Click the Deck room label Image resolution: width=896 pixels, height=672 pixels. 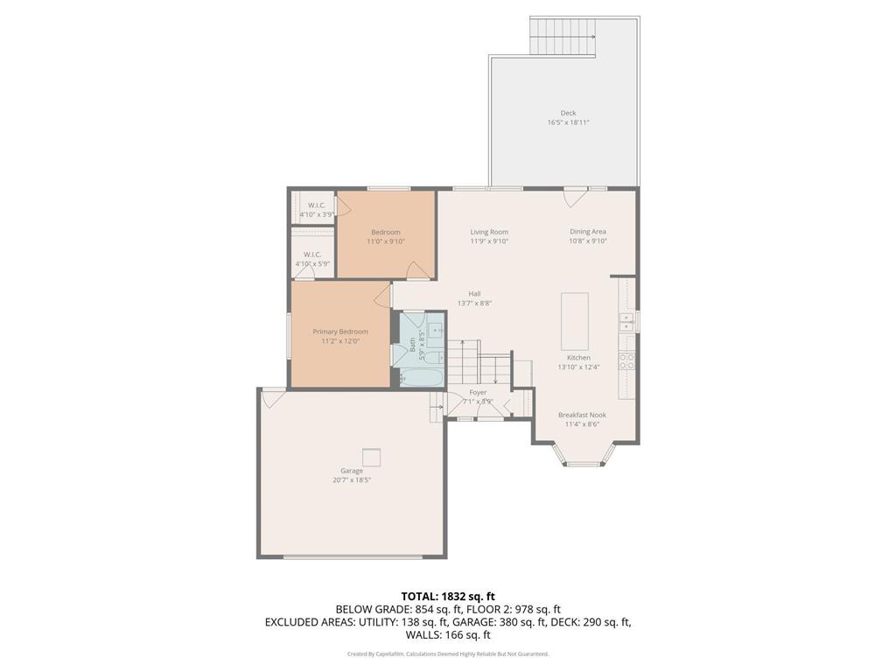click(x=568, y=113)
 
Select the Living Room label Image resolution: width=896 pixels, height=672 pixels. click(x=488, y=232)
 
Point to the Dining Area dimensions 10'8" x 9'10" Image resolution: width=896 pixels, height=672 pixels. click(x=587, y=241)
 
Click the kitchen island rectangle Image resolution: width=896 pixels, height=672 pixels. click(x=574, y=321)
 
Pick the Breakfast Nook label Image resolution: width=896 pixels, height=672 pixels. click(x=582, y=415)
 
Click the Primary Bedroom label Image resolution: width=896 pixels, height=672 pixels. click(x=340, y=332)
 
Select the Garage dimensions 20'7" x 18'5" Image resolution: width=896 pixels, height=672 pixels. click(x=352, y=480)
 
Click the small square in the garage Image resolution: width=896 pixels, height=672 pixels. click(x=372, y=457)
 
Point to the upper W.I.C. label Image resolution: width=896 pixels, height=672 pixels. click(x=316, y=205)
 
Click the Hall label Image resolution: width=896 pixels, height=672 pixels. click(x=474, y=294)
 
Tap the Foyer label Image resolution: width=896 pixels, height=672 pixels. click(x=478, y=393)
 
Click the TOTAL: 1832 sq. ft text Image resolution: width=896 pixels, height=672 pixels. click(x=447, y=597)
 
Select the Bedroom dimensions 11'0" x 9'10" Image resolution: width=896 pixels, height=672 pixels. click(x=385, y=241)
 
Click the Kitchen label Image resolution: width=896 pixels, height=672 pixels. click(x=578, y=358)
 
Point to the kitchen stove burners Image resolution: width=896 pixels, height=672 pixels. click(x=626, y=360)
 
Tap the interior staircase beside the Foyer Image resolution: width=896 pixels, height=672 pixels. click(x=477, y=359)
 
